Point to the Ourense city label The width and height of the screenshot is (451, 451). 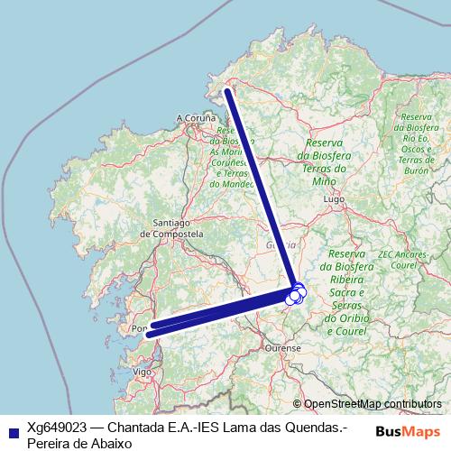click(x=281, y=346)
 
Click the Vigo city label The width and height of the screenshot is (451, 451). click(x=142, y=371)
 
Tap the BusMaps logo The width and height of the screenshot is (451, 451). click(x=408, y=430)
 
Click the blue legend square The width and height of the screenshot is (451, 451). click(x=11, y=430)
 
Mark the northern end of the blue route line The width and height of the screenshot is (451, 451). click(x=227, y=89)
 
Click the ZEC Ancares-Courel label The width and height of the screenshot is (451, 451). click(x=403, y=261)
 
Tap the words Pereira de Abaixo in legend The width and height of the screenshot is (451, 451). click(x=79, y=443)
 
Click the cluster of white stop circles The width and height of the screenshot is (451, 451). click(x=295, y=293)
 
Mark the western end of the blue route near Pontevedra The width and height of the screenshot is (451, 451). click(x=148, y=334)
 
